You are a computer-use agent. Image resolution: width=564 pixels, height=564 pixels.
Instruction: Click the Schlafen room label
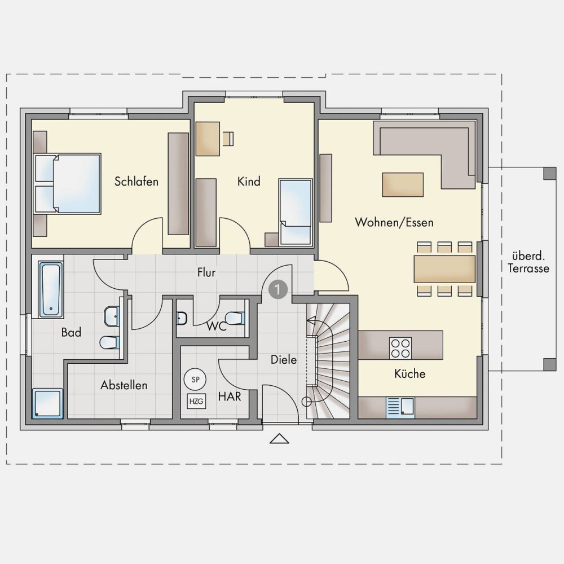tap(136, 181)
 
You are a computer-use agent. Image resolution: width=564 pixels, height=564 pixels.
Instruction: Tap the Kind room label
tap(249, 181)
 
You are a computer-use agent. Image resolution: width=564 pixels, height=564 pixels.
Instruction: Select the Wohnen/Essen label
tap(394, 222)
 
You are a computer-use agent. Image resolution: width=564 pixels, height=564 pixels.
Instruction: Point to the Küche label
tap(409, 374)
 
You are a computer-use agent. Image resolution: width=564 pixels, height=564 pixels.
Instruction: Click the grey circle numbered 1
tap(278, 289)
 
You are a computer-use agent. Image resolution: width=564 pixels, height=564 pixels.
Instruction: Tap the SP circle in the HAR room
tap(195, 379)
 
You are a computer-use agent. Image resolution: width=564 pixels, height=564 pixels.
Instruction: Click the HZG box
tap(196, 401)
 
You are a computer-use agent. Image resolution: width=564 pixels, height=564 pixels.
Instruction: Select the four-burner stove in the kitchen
tap(400, 348)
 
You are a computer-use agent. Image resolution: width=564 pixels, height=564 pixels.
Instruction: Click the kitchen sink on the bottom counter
tap(400, 408)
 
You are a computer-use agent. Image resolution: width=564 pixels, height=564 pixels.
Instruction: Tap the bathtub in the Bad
tap(51, 289)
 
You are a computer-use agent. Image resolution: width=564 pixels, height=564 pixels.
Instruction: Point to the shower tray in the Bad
tap(47, 403)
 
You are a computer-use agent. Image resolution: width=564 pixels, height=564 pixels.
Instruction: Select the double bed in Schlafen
tap(67, 183)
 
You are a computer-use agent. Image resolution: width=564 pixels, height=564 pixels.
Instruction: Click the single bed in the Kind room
tap(296, 213)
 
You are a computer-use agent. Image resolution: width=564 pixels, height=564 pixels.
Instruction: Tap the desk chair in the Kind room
tap(228, 139)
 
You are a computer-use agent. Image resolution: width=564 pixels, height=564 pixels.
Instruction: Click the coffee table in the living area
tap(403, 184)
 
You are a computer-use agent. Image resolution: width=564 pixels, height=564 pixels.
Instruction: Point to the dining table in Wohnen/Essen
tap(444, 269)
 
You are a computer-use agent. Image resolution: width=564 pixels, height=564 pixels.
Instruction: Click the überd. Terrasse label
tap(528, 262)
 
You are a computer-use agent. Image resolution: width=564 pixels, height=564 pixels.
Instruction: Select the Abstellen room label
tap(124, 385)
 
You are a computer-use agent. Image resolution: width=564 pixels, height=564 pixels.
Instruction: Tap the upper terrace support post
tap(549, 173)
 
